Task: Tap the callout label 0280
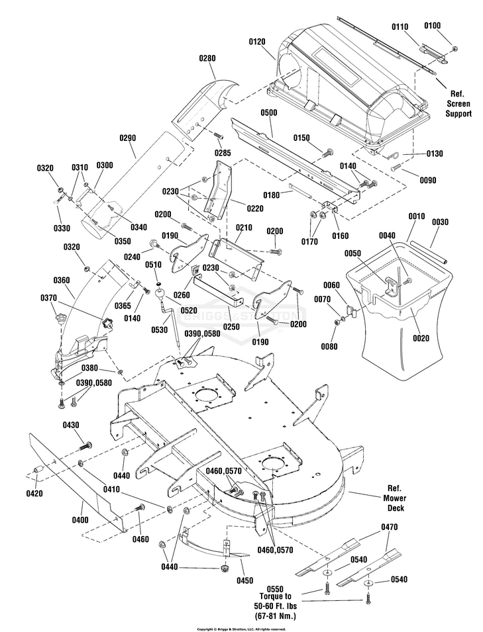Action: click(207, 58)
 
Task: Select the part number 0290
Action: click(128, 138)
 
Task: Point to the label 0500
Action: click(269, 113)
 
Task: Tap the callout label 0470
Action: click(390, 527)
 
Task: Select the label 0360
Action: click(62, 280)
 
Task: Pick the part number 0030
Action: click(441, 222)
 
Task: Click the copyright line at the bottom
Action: click(241, 629)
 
